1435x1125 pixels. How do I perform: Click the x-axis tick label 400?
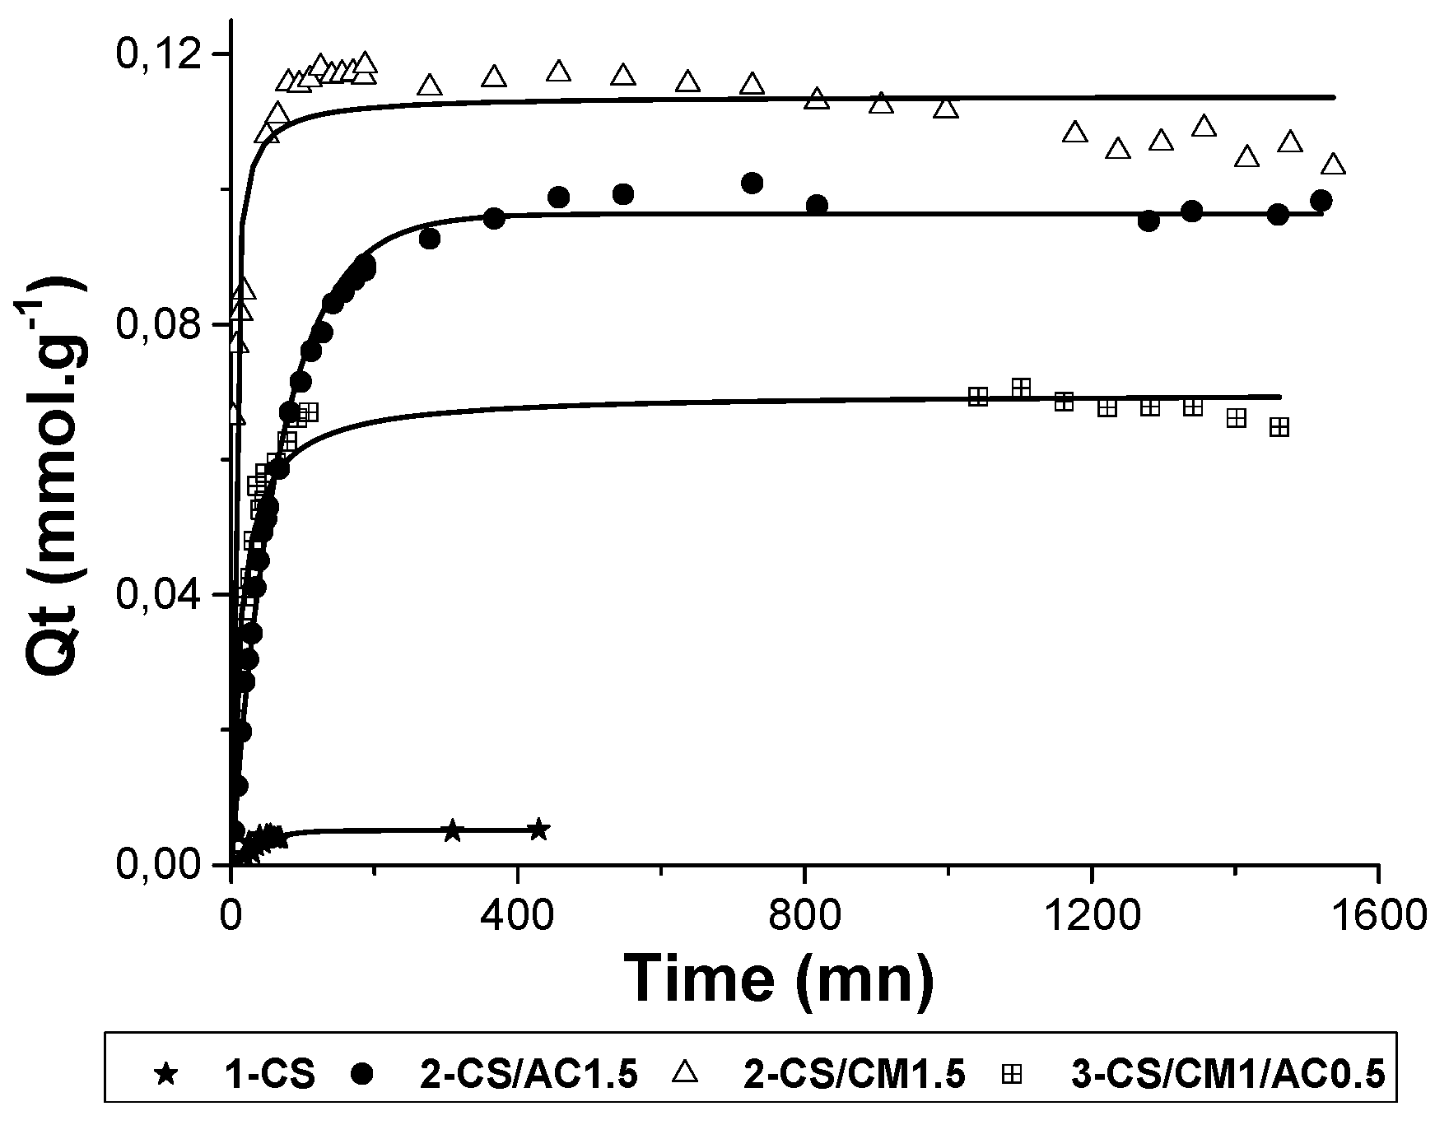pos(518,915)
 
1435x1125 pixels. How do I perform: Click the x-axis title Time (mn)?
pos(780,979)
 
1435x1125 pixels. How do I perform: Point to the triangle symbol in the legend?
pos(685,1073)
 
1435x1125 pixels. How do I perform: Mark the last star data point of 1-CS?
pos(538,829)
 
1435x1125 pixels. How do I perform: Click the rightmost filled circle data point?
pos(1321,200)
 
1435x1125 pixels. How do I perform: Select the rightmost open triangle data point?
pos(1334,165)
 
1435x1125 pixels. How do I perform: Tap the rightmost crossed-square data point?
pos(1279,427)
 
